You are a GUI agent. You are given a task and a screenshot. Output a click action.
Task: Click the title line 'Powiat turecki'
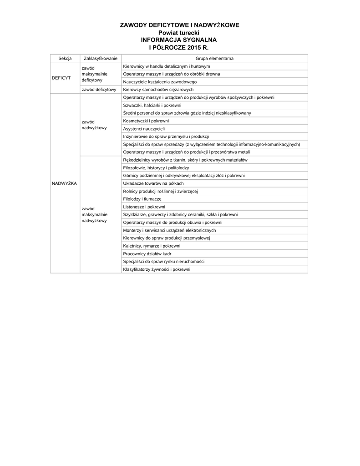[x=179, y=33]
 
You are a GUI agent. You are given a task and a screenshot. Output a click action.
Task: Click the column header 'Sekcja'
[x=65, y=58]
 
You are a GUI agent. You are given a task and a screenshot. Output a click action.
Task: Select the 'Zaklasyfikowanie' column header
[x=101, y=58]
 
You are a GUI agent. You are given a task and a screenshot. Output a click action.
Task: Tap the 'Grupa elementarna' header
[x=214, y=58]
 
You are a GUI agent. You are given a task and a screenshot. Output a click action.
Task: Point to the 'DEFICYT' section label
[x=61, y=78]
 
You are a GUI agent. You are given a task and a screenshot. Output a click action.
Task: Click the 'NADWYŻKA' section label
[x=64, y=183]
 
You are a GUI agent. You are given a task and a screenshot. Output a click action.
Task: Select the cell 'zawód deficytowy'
[x=99, y=90]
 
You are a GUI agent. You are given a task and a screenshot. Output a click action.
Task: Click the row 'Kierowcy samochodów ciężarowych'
[x=158, y=90]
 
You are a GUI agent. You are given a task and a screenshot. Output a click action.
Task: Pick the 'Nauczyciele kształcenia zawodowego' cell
[x=160, y=82]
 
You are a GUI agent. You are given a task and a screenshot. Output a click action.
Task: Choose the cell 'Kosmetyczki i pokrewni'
[x=146, y=121]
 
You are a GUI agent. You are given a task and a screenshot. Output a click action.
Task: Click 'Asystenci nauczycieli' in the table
[x=144, y=129]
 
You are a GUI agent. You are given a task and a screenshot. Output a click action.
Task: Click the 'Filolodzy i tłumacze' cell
[x=142, y=199]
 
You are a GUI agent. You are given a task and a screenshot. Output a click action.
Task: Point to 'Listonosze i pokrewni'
[x=144, y=207]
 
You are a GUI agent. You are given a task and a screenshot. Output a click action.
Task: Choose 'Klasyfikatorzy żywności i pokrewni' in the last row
[x=157, y=269]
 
